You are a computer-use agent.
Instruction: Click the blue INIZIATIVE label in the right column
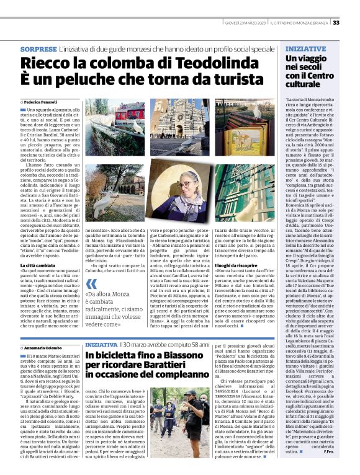pos(306,48)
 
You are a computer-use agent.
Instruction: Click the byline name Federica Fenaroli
pos(41,101)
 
